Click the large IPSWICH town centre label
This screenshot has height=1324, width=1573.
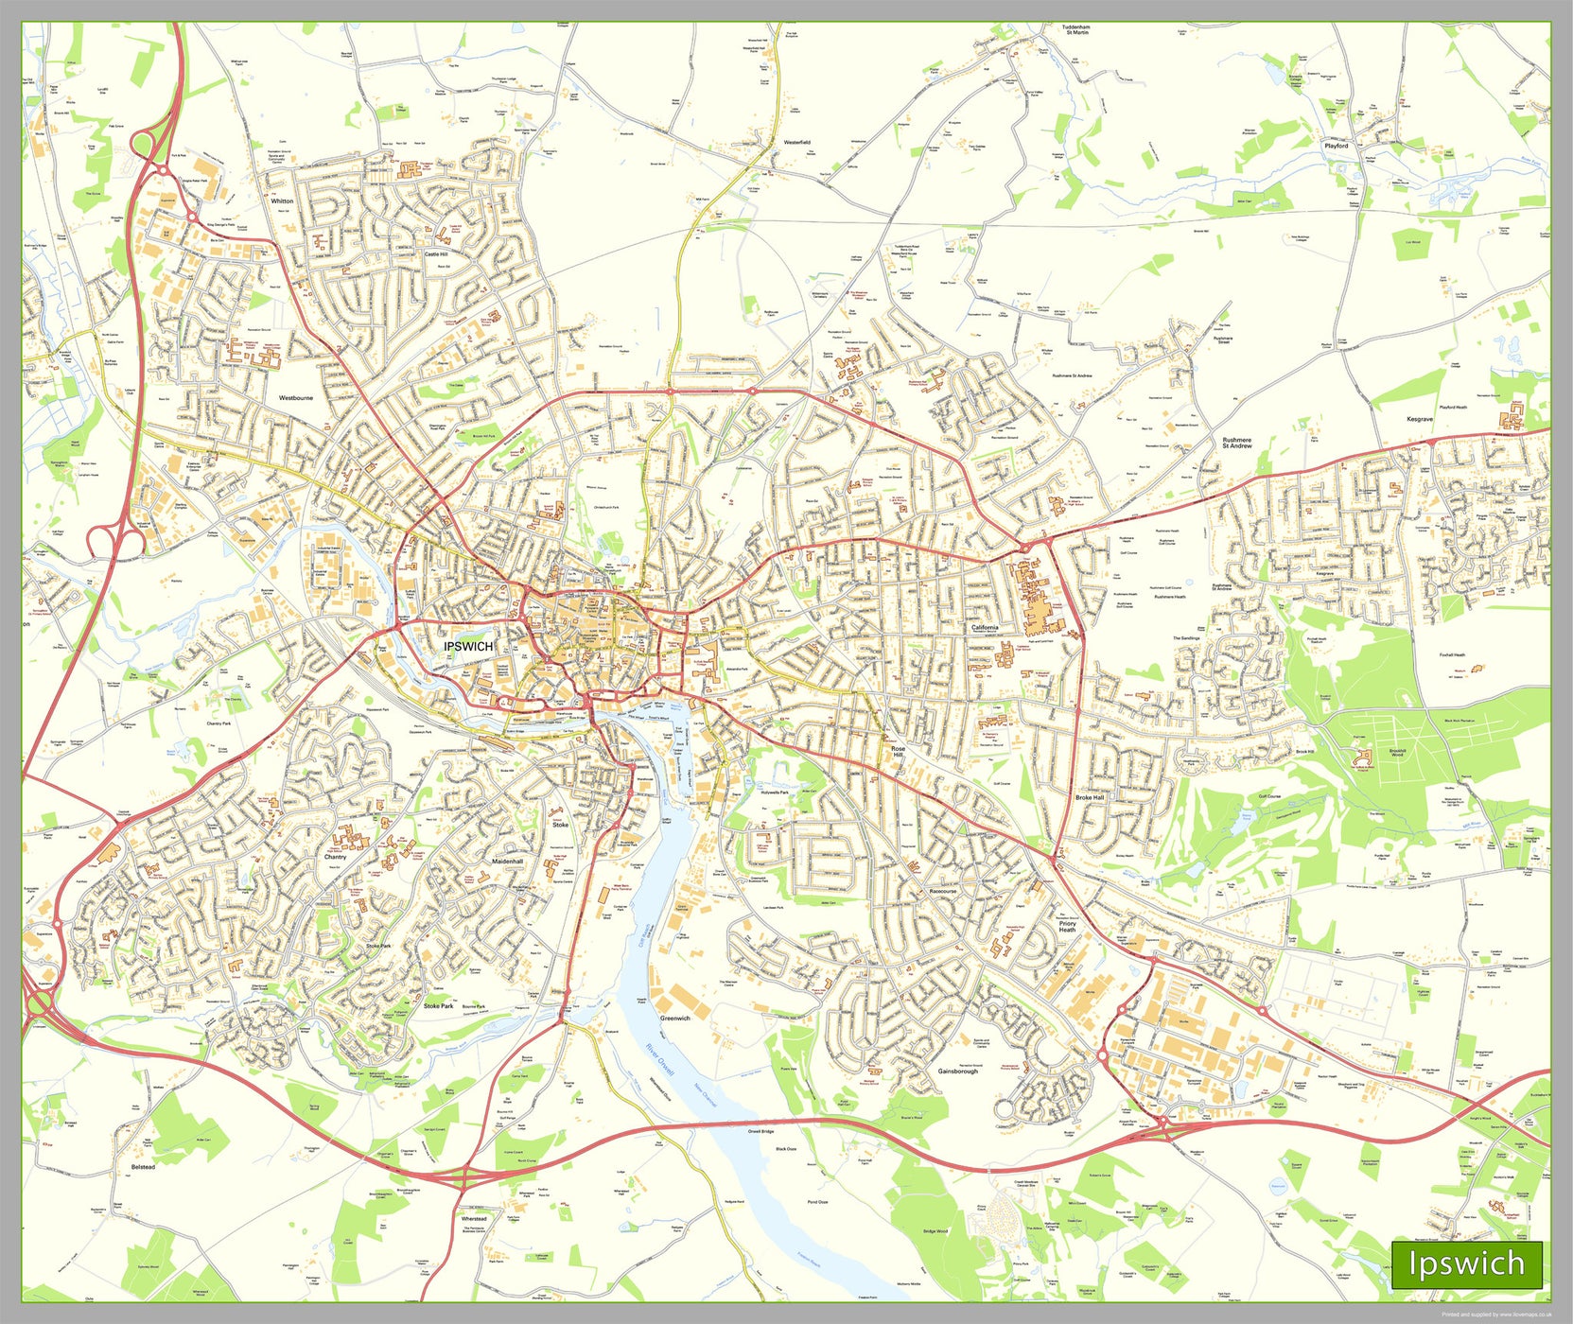(x=468, y=646)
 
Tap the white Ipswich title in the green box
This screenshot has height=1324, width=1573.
(x=1466, y=1263)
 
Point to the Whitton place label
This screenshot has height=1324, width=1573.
(x=282, y=201)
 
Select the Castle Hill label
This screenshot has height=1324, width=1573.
(x=436, y=254)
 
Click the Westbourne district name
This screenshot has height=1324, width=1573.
(x=296, y=398)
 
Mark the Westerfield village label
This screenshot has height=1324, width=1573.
(x=797, y=142)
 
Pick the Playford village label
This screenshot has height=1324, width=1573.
(x=1337, y=146)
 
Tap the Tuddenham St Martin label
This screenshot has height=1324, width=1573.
(x=1075, y=30)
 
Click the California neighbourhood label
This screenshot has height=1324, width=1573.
(x=985, y=627)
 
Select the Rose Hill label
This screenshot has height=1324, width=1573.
(x=898, y=752)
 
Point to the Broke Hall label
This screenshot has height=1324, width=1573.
(x=1090, y=797)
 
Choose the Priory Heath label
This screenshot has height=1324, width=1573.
(x=1067, y=927)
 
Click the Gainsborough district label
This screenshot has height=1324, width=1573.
(x=957, y=1071)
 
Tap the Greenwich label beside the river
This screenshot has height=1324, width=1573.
(x=675, y=1019)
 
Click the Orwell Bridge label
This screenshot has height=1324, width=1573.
(x=760, y=1131)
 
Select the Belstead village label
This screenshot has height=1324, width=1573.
(x=143, y=1167)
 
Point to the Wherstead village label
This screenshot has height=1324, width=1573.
(x=474, y=1218)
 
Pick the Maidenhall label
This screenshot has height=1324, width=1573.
(x=508, y=862)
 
